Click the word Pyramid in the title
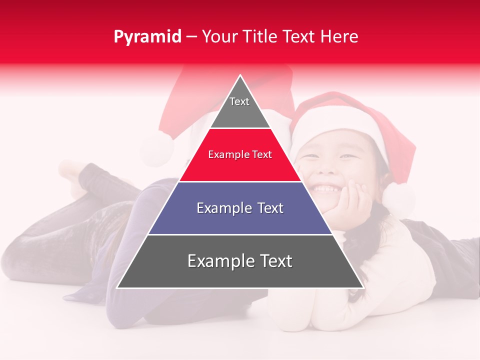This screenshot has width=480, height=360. point(147,37)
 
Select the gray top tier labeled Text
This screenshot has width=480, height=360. point(239,107)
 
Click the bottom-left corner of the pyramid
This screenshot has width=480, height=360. point(118,287)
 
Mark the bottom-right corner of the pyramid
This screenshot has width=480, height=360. point(362,287)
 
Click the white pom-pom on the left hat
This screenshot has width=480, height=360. point(156,148)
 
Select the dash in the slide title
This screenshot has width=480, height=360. point(191,37)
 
